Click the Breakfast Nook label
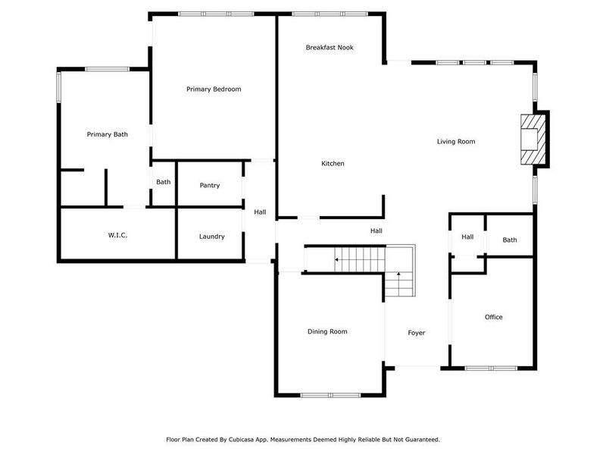pyautogui.click(x=330, y=48)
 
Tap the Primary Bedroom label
pyautogui.click(x=214, y=89)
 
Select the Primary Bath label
pyautogui.click(x=107, y=134)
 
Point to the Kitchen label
pyautogui.click(x=333, y=164)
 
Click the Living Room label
pyautogui.click(x=456, y=142)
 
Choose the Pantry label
pyautogui.click(x=210, y=186)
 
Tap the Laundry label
pyautogui.click(x=212, y=237)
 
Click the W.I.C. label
pyautogui.click(x=117, y=236)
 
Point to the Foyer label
pyautogui.click(x=417, y=333)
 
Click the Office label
pyautogui.click(x=494, y=317)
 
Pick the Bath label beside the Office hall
pyautogui.click(x=510, y=240)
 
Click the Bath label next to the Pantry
pyautogui.click(x=164, y=182)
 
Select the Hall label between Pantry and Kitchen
pyautogui.click(x=260, y=212)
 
